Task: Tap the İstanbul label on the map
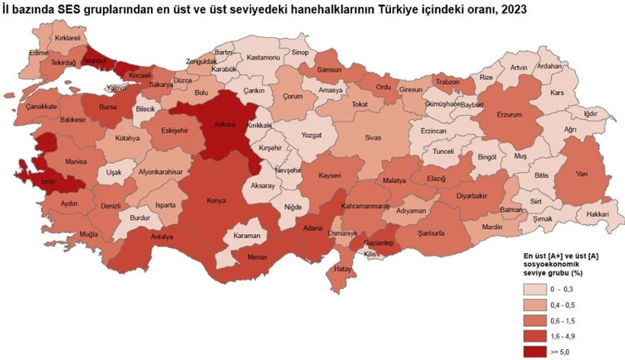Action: click(97, 59)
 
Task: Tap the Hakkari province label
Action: click(598, 215)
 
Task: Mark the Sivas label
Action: click(373, 140)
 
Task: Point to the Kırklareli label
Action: click(67, 37)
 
